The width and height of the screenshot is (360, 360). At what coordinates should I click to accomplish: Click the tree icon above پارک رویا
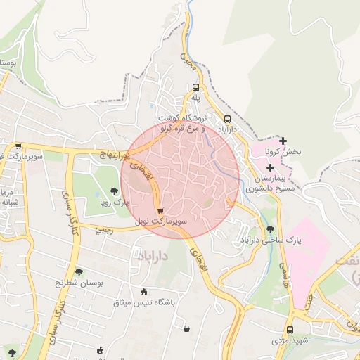[115, 191]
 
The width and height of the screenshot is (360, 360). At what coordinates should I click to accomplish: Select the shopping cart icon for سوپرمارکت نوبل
[161, 210]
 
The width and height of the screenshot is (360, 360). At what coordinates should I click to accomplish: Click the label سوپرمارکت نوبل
[162, 221]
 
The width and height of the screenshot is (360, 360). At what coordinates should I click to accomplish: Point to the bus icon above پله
[195, 88]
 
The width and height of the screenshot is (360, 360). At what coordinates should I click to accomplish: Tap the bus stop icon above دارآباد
[226, 119]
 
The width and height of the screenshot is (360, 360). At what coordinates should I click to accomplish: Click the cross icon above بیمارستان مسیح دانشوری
[270, 167]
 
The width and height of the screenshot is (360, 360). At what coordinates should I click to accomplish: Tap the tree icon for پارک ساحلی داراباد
[270, 229]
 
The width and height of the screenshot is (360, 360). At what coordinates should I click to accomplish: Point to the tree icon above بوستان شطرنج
[79, 271]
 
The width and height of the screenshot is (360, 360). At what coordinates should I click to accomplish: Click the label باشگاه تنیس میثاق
[143, 302]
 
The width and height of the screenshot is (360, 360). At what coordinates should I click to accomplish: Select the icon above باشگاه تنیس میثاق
[144, 292]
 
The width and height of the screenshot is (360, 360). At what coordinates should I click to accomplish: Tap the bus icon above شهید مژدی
[290, 330]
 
